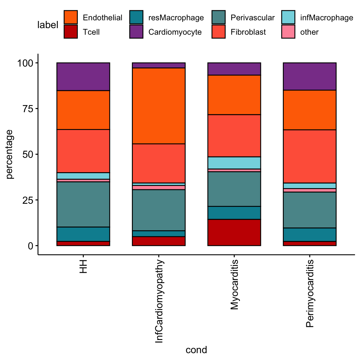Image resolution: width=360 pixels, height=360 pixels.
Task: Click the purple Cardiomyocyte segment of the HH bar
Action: point(83,77)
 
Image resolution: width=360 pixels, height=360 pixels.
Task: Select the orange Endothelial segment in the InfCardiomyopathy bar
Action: point(159,106)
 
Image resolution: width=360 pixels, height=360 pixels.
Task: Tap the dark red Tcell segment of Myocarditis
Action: point(234,232)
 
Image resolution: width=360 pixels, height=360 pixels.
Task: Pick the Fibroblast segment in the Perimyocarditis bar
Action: point(310,156)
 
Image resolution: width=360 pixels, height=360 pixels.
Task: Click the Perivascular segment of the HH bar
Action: point(83,204)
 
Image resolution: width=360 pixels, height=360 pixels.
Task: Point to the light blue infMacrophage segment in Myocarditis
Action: point(234,162)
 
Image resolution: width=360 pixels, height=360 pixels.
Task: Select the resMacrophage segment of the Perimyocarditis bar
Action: point(310,234)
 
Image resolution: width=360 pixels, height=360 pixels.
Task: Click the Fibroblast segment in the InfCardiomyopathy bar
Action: point(159,163)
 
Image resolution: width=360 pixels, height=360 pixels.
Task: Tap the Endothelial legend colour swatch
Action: point(71,17)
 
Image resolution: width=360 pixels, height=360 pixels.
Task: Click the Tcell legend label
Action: point(91,32)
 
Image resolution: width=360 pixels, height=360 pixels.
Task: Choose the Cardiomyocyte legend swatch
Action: point(136,32)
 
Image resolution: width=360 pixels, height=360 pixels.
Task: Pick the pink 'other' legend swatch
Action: point(288,32)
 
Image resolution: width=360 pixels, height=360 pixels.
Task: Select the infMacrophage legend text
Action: point(327,17)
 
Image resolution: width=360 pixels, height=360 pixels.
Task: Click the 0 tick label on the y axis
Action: point(30,246)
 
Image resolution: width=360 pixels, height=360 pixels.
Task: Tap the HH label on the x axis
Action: point(83,266)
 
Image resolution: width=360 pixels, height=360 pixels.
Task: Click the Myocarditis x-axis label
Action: point(234,284)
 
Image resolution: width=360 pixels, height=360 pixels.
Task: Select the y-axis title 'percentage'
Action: point(10,154)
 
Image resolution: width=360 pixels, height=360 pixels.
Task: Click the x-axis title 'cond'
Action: point(196,350)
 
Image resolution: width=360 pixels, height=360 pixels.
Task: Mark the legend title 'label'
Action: point(48,25)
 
